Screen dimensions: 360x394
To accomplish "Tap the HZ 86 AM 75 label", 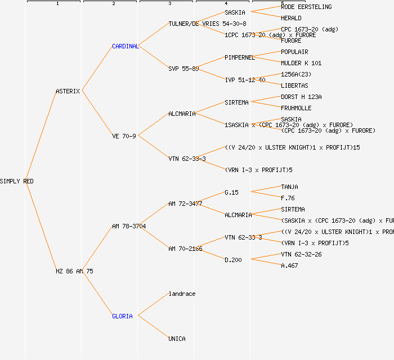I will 74,271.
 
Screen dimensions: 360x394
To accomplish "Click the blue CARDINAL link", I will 125,46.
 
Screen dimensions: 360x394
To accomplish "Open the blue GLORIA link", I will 122,316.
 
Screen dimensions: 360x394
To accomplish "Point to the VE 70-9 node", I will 124,136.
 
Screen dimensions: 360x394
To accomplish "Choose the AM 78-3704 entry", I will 129,226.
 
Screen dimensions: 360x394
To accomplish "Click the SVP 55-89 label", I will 183,69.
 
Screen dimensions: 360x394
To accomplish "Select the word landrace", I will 182,294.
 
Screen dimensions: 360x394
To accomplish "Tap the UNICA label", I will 177,339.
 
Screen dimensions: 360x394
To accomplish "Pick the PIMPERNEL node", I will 240,57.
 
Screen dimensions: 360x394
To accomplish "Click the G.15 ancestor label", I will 231,192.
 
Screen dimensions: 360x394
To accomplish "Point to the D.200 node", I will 233,260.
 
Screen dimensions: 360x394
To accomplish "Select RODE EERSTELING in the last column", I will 306,7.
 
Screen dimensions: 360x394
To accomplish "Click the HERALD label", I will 291,18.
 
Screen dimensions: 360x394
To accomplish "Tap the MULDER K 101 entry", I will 301,63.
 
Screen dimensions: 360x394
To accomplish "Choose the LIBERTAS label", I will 294,85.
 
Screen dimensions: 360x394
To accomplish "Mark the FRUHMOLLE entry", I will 296,108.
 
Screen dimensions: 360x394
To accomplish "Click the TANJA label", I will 289,187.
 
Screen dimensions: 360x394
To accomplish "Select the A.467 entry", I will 289,265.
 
